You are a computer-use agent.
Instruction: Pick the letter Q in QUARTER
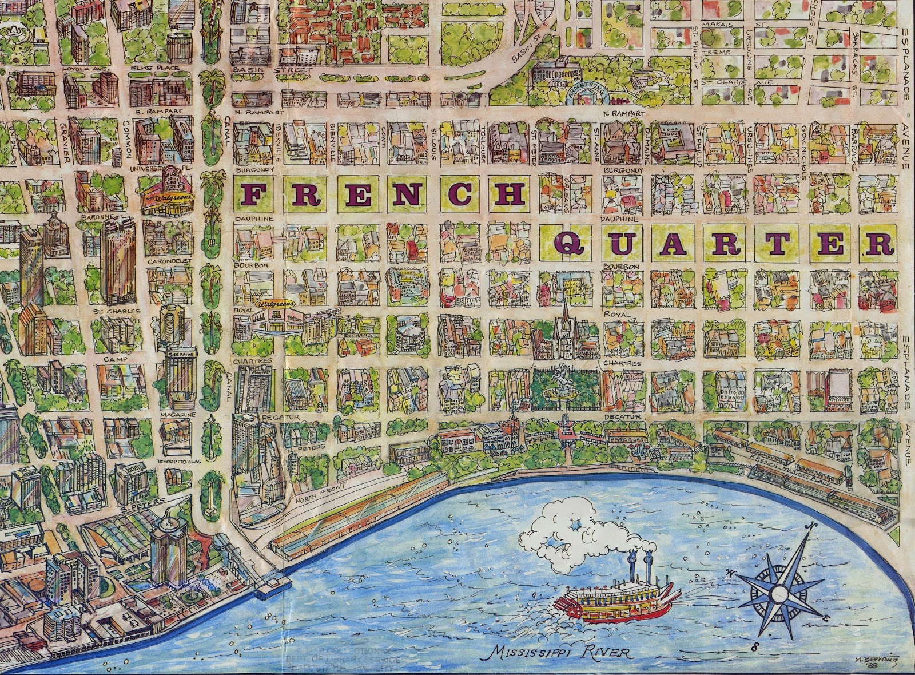click(x=568, y=243)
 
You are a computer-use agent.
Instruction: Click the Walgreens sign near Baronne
click(x=169, y=196)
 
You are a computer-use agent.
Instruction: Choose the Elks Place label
click(x=148, y=68)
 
